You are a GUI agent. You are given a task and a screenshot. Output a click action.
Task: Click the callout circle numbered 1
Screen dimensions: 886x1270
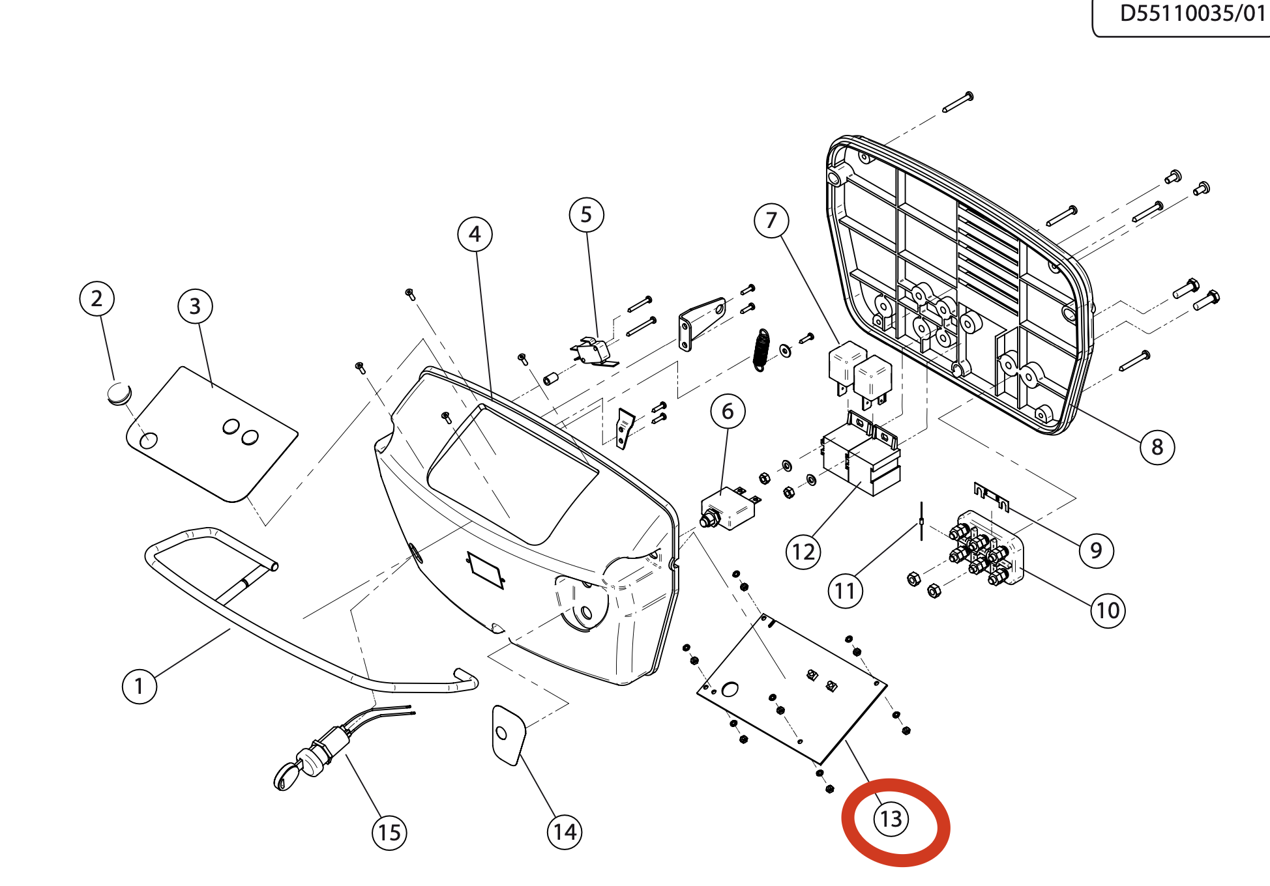(140, 687)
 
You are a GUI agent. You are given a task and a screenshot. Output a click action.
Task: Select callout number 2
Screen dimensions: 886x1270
(96, 299)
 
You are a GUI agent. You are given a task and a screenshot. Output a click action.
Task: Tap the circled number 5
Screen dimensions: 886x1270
(586, 215)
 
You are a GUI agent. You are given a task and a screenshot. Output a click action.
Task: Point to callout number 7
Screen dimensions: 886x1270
(771, 221)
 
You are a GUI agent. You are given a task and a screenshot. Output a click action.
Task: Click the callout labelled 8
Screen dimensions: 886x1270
(1157, 447)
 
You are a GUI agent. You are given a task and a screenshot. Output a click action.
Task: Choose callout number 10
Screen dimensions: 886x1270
(1108, 610)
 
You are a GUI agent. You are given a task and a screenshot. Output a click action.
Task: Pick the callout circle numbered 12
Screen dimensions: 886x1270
(803, 552)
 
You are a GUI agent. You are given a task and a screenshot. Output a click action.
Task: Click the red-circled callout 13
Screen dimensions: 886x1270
(891, 819)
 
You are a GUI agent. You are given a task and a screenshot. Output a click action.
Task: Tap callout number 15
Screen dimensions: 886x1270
(389, 833)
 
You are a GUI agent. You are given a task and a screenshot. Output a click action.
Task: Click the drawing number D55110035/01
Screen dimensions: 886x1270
(1192, 14)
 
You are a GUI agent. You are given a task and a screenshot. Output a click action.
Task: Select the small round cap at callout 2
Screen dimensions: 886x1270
(119, 394)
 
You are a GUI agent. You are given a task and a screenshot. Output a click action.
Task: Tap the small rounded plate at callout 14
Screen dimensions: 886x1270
(508, 735)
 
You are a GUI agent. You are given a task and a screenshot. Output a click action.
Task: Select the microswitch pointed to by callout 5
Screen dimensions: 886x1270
(593, 352)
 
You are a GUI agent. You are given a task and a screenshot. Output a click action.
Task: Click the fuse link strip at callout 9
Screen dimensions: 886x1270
(991, 496)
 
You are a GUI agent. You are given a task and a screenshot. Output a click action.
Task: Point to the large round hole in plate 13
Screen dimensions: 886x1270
(730, 689)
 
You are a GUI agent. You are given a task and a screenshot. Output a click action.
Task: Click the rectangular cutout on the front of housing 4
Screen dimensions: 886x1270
(485, 569)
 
